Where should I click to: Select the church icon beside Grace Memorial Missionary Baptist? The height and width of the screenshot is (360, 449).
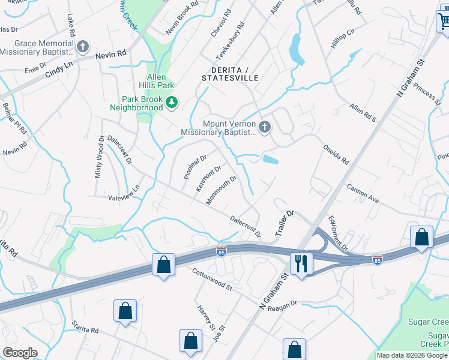click(83, 46)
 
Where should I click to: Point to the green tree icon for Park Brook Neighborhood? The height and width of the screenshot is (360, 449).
click(172, 103)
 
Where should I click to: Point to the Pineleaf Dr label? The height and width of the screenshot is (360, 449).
click(195, 167)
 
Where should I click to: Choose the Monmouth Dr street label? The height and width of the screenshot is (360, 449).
click(221, 190)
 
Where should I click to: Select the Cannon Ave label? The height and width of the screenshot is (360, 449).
click(363, 193)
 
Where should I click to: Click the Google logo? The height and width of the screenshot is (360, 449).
click(20, 353)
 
